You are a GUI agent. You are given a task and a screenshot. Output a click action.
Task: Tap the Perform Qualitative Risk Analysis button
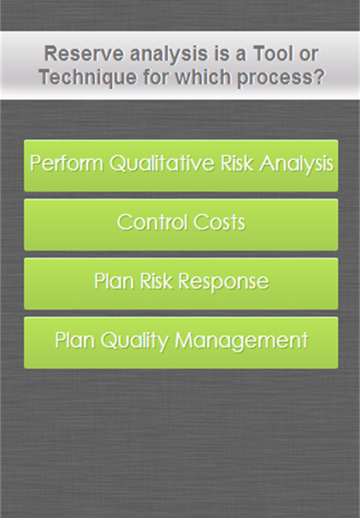pos(181,165)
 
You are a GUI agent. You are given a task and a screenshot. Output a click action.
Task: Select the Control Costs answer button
pos(181,225)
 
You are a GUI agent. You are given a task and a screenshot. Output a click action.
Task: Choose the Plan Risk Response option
pos(181,284)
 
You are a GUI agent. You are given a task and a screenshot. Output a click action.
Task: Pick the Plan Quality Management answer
pos(181,343)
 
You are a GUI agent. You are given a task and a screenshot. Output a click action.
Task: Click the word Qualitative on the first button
pos(162,163)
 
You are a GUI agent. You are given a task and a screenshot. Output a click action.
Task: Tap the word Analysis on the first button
pos(296,163)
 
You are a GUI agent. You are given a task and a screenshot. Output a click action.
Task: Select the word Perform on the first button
pos(66,163)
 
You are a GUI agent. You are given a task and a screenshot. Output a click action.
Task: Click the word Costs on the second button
pos(219,222)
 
